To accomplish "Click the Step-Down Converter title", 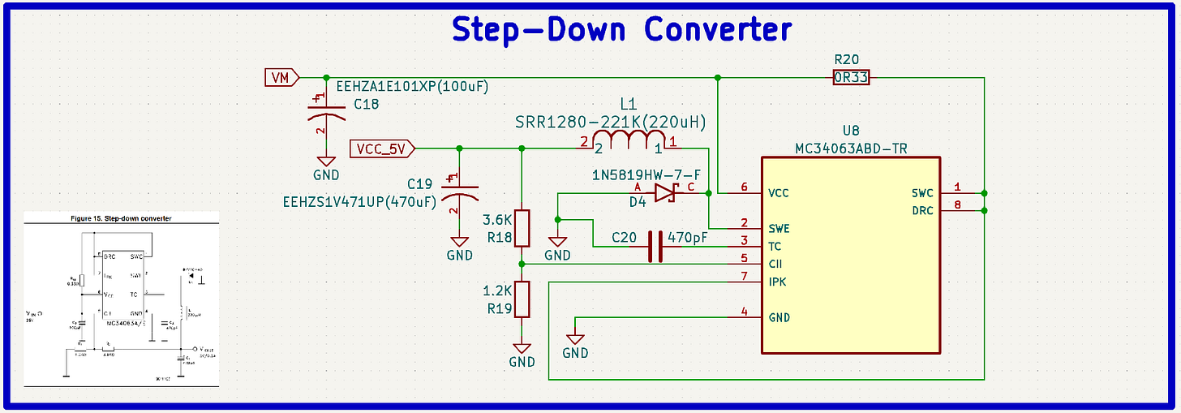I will point(621,30).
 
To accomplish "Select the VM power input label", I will point(281,77).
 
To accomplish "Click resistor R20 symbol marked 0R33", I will point(851,78).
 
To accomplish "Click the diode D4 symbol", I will point(667,193).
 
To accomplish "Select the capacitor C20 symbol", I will point(655,246).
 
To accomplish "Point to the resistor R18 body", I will point(522,228).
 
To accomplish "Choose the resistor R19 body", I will point(522,299).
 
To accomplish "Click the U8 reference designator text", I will point(851,131).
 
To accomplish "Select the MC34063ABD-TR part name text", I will point(851,148).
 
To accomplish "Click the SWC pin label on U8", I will point(921,193).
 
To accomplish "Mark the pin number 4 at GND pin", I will point(744,311).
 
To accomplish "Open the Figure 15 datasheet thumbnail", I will point(122,298).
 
